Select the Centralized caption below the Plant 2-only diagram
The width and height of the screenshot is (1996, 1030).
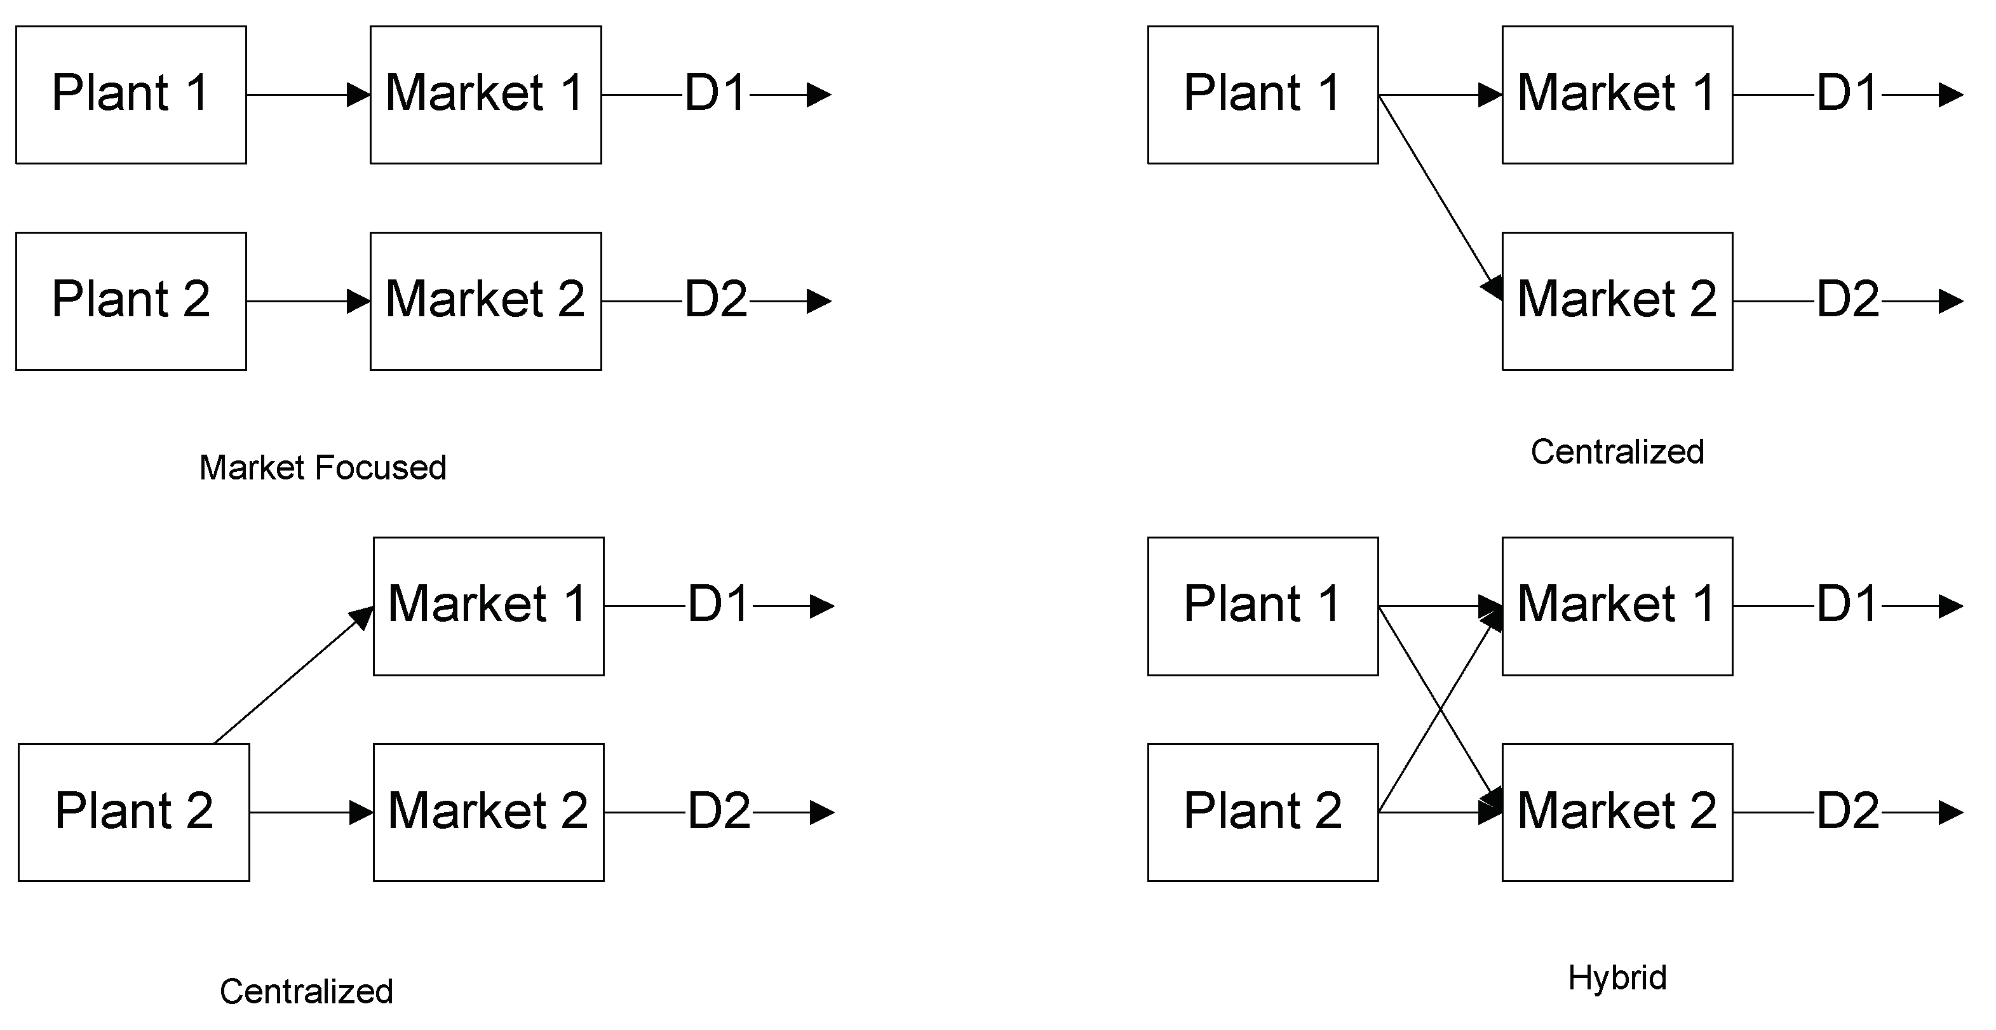pyautogui.click(x=306, y=991)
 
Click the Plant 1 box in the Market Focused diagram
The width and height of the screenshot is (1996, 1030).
pyautogui.click(x=131, y=95)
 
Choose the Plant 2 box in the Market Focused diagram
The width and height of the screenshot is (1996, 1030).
pyautogui.click(x=131, y=300)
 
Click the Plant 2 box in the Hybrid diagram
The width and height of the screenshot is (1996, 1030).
pyautogui.click(x=1262, y=812)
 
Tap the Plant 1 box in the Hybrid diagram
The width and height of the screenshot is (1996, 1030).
pyautogui.click(x=1262, y=606)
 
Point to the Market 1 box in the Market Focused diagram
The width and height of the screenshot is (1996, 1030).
pyautogui.click(x=485, y=95)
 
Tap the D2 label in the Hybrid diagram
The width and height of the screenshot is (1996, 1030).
pyautogui.click(x=1847, y=812)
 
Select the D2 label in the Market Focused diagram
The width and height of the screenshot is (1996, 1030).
pyautogui.click(x=715, y=300)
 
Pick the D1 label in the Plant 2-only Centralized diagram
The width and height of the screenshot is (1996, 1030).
pyautogui.click(x=718, y=605)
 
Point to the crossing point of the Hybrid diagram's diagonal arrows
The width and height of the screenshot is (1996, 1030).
pyautogui.click(x=1440, y=709)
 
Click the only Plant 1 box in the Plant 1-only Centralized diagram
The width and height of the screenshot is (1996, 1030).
pyautogui.click(x=1262, y=95)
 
